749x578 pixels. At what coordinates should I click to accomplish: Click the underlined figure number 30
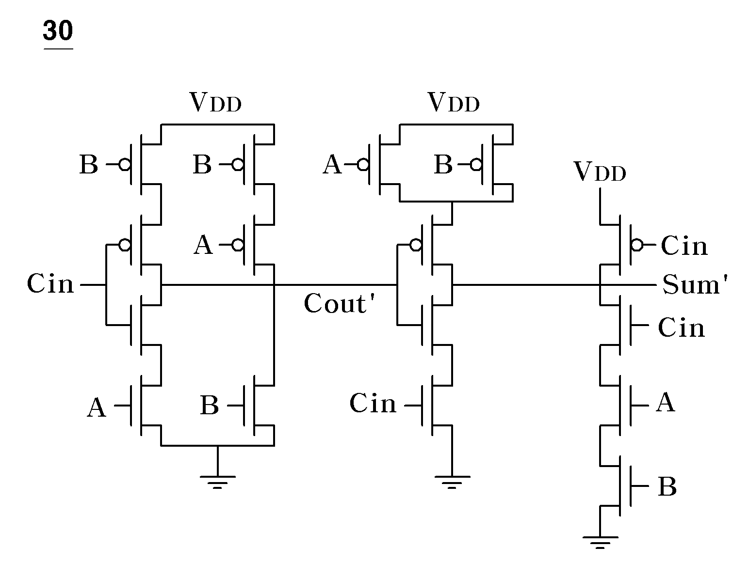[58, 31]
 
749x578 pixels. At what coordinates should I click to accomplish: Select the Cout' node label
[339, 303]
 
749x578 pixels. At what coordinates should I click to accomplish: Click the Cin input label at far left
[50, 284]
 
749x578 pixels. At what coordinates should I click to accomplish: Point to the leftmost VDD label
[216, 102]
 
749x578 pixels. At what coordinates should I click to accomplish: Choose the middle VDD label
[454, 102]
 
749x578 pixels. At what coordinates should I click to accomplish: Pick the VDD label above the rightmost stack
[600, 172]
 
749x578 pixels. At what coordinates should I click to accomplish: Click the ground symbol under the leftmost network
[217, 482]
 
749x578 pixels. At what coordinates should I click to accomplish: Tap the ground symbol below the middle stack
[452, 482]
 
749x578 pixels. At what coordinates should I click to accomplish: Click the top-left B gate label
[89, 164]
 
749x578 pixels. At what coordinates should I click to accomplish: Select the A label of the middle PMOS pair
[332, 164]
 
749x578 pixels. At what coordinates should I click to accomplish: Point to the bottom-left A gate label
[96, 407]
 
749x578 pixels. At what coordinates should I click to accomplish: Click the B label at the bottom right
[668, 486]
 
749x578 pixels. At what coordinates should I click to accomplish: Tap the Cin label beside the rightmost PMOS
[684, 246]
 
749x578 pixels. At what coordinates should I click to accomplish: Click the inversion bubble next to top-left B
[125, 165]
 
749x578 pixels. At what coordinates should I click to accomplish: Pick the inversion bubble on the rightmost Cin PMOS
[636, 245]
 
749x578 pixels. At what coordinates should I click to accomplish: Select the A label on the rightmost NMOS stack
[665, 402]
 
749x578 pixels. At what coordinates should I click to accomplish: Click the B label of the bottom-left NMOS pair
[210, 405]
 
